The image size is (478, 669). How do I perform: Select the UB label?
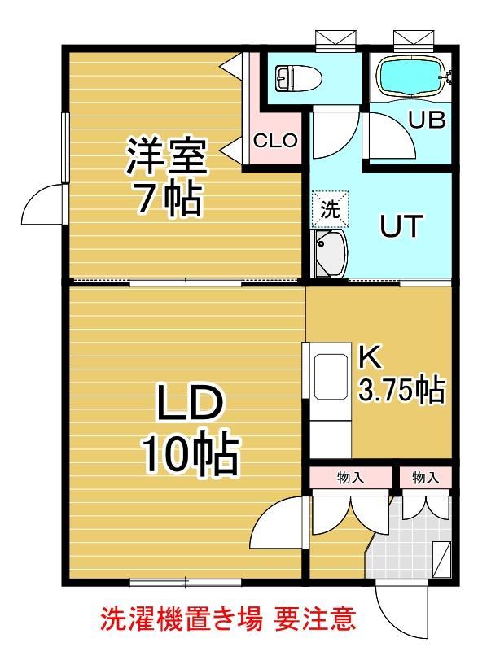[427, 120]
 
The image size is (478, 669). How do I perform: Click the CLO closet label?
[275, 140]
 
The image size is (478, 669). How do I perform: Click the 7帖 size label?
[168, 199]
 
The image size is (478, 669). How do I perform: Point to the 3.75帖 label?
[401, 391]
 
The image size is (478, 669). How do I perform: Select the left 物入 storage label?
[350, 478]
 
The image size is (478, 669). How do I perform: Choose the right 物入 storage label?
[424, 478]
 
